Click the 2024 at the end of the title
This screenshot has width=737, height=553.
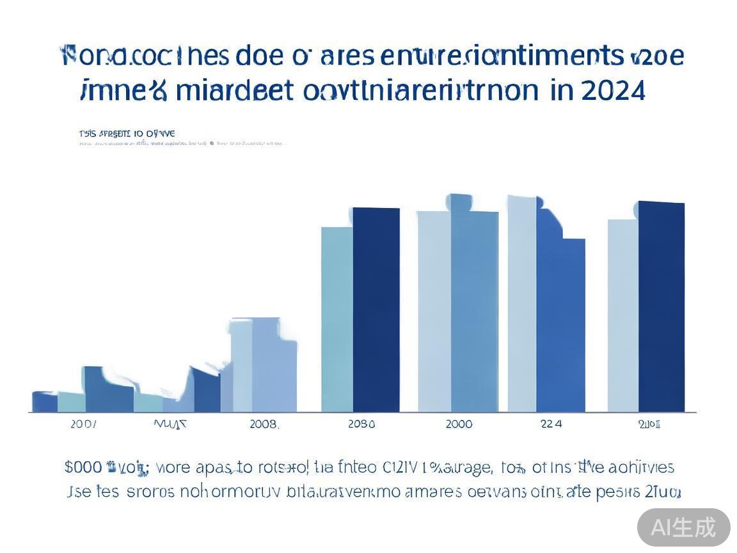tap(613, 91)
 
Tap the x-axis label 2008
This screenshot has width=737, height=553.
tap(264, 424)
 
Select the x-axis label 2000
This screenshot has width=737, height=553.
tap(459, 424)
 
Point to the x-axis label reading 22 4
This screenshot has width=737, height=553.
tap(551, 424)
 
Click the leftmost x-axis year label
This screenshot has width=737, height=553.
tap(84, 424)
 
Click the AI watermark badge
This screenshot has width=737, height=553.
tap(683, 527)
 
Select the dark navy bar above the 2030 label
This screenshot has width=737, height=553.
tap(376, 310)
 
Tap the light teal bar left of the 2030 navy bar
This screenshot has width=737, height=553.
tap(337, 320)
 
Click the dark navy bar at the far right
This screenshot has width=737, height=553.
tap(662, 307)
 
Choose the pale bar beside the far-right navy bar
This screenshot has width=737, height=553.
tap(622, 316)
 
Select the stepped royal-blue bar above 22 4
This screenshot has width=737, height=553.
tap(560, 320)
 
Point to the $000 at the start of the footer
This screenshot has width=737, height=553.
tap(83, 467)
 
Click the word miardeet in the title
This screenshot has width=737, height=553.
tap(232, 91)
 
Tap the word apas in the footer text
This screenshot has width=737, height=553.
tap(214, 467)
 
